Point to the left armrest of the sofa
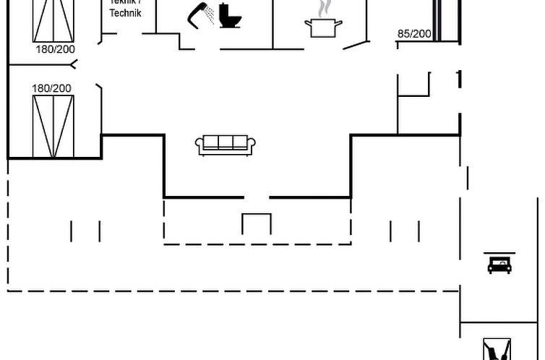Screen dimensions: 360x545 coord(199,145)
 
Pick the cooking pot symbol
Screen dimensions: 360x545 coord(322,27)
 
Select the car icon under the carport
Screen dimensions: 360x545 coord(499,265)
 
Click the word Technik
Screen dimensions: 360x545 coord(125,13)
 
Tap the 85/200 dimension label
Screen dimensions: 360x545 coord(414,34)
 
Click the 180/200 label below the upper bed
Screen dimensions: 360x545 coord(54,49)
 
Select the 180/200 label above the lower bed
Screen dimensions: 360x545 coord(51,88)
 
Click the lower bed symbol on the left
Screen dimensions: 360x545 coord(53,127)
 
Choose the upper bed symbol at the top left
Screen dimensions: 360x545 coord(53,20)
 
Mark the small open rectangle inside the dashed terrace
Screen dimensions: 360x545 coord(257,224)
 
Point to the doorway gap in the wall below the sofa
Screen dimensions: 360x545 coord(257,197)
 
